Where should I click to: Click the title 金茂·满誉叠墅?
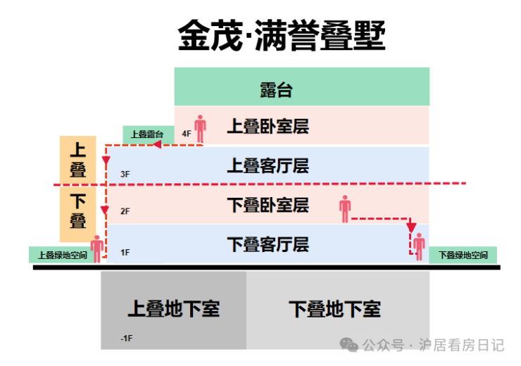(282, 35)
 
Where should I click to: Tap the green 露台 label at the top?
(276, 90)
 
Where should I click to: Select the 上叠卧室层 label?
(268, 126)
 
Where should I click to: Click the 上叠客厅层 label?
(268, 165)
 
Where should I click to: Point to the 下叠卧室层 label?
(268, 205)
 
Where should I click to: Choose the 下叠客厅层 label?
(268, 244)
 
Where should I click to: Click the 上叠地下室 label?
(174, 308)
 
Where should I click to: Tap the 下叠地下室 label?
(334, 308)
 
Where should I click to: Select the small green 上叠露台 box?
(149, 135)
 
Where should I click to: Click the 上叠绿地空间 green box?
(62, 255)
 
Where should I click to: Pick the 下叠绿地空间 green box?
(463, 255)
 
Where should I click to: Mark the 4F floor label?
(187, 134)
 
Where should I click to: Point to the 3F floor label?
(125, 174)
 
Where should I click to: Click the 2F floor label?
(125, 211)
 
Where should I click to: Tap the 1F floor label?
(125, 253)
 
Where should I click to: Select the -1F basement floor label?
(126, 339)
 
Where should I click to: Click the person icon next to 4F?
(200, 129)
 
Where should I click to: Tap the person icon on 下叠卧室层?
(345, 209)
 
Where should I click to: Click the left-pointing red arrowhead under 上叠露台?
(157, 144)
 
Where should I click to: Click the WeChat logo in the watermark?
(349, 345)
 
